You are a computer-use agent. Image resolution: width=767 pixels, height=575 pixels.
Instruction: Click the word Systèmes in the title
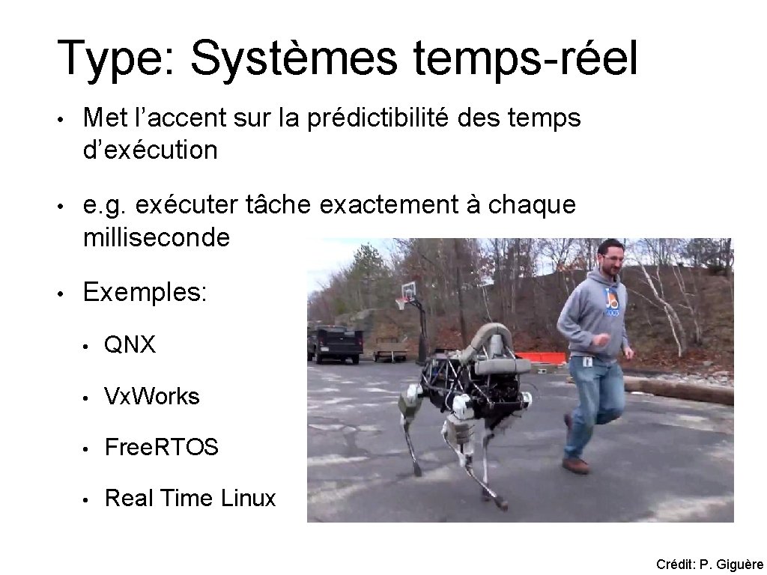tap(294, 58)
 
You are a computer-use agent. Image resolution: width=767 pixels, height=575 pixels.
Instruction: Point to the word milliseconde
tap(157, 238)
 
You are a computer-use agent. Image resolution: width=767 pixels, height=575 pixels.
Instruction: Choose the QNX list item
tap(130, 345)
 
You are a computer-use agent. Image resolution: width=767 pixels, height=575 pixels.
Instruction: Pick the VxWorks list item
tap(152, 396)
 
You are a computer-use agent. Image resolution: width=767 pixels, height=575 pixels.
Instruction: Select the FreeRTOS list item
tap(162, 448)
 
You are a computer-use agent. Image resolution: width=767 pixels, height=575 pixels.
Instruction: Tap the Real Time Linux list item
tap(190, 498)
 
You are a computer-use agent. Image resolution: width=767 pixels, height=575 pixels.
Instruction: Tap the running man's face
tap(613, 259)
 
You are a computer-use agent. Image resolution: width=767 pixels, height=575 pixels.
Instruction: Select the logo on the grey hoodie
tap(612, 302)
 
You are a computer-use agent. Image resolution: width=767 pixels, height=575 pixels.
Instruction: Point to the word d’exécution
tap(151, 150)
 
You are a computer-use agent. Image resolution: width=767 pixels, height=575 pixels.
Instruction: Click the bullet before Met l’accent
tap(66, 118)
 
